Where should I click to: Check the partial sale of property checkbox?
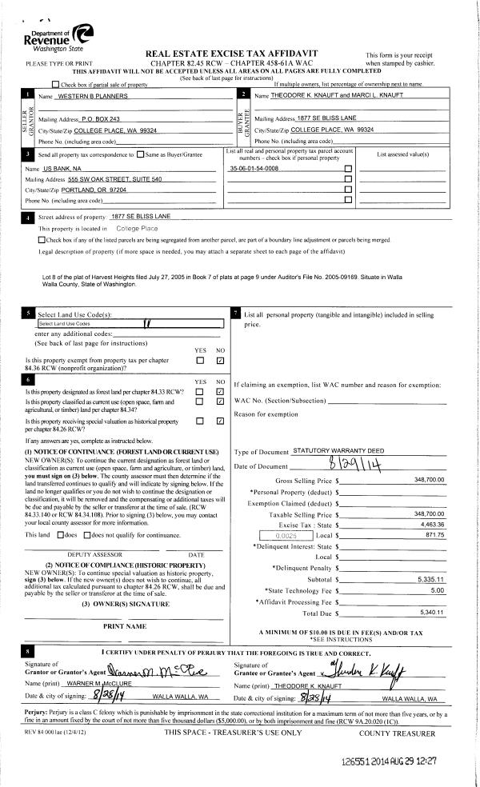click(55, 84)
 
